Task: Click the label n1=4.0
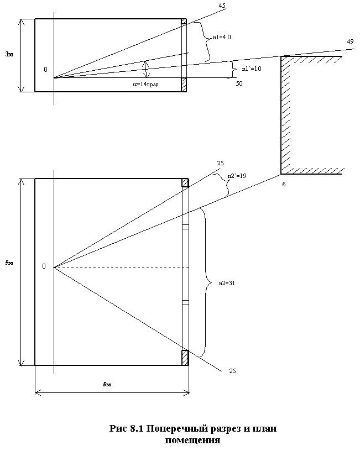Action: (x=222, y=37)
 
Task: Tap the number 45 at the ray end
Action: (x=222, y=6)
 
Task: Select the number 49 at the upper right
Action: (x=350, y=41)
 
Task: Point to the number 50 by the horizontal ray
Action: (x=239, y=83)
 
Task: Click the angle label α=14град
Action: (x=145, y=84)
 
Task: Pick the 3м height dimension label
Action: (x=9, y=54)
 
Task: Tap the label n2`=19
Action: (x=237, y=176)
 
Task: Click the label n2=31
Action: (x=227, y=283)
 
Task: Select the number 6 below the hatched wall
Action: (x=284, y=184)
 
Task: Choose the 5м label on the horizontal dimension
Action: (x=107, y=384)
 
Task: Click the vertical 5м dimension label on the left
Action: (x=9, y=263)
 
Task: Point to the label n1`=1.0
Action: (x=251, y=69)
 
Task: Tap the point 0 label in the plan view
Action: (x=44, y=266)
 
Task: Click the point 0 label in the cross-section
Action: (x=45, y=69)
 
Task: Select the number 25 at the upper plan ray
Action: (x=220, y=164)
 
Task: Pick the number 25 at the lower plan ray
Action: (x=232, y=371)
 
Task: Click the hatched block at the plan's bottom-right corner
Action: (x=185, y=358)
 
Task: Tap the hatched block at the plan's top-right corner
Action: (x=185, y=183)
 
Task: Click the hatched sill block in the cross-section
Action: (x=184, y=85)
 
